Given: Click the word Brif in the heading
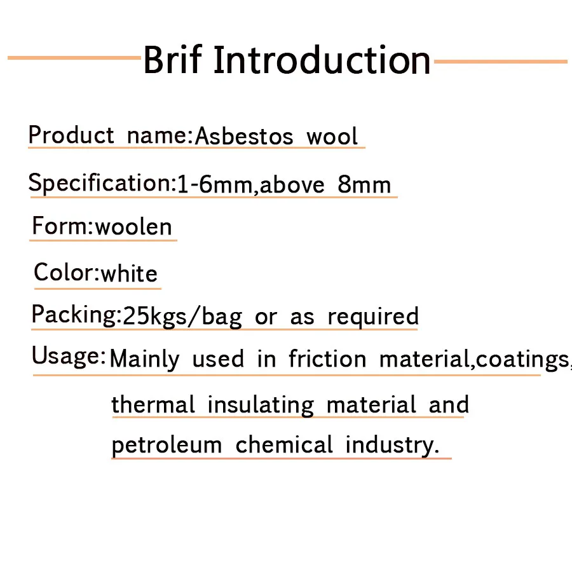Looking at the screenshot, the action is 172,60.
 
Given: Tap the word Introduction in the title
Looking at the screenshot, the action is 322,60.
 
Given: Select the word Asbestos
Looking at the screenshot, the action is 244,137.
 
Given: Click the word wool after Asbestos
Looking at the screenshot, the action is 332,137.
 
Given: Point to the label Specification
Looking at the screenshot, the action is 100,183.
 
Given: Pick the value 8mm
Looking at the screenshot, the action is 364,184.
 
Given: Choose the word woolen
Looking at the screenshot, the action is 133,227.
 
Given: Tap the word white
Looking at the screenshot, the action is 129,273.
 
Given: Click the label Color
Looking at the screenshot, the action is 65,272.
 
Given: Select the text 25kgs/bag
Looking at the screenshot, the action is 182,317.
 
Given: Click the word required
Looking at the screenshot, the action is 373,317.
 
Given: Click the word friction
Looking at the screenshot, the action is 327,358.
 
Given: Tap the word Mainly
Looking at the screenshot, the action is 144,359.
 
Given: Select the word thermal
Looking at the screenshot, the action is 153,404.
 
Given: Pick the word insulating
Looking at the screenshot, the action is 261,405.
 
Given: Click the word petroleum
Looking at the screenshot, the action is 167,446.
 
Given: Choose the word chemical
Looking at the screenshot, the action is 284,444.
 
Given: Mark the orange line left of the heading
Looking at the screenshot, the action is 74,58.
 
